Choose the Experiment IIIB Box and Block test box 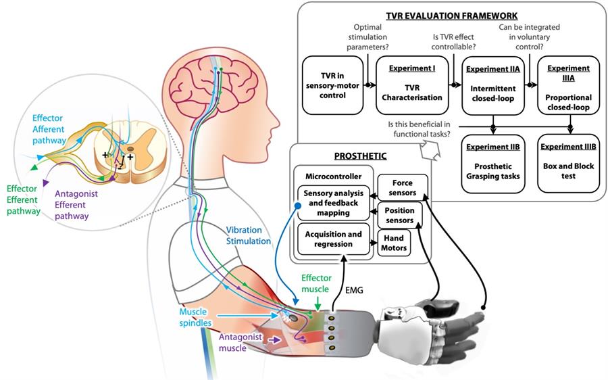[x=568, y=162]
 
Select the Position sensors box [x=401, y=216]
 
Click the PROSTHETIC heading [x=360, y=156]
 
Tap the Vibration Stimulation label [x=248, y=235]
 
